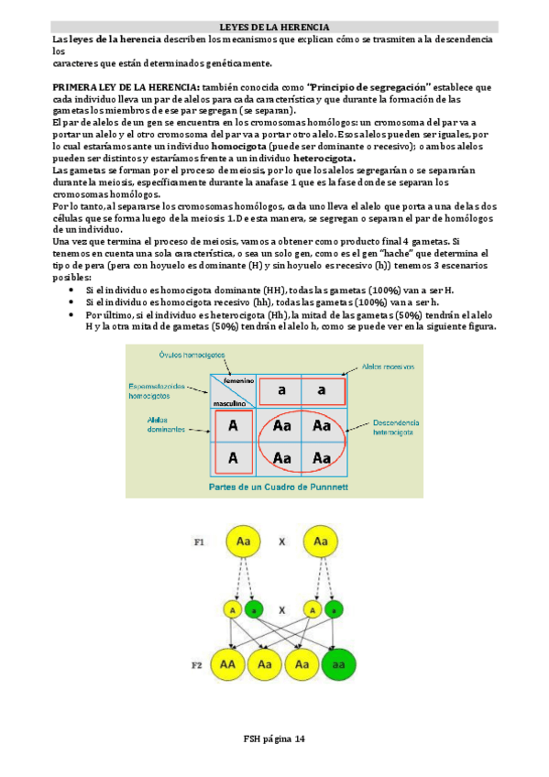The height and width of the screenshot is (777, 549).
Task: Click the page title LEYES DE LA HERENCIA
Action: click(274, 27)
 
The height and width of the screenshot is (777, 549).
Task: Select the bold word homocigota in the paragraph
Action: click(239, 146)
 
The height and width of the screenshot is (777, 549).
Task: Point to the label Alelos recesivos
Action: click(388, 365)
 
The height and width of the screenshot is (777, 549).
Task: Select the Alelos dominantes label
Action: click(162, 424)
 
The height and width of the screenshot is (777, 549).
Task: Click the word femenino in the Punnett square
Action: click(235, 380)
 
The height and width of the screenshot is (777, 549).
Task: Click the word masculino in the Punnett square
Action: click(229, 402)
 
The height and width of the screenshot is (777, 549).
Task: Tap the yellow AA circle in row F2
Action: click(228, 663)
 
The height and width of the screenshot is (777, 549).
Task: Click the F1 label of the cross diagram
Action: click(198, 542)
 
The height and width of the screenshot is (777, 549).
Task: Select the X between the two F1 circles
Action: click(282, 542)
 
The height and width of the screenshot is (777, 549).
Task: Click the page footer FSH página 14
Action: click(274, 739)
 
